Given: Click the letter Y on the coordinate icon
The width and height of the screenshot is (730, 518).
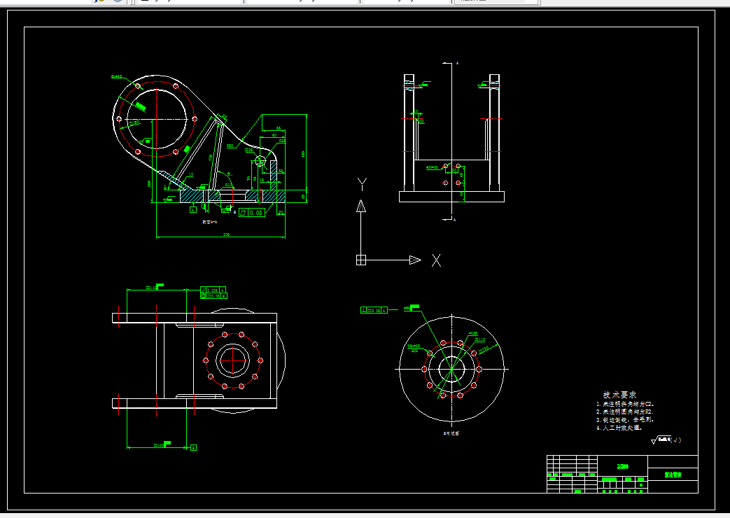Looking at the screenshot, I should (362, 184).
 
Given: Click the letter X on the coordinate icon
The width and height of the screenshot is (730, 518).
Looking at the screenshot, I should (436, 260).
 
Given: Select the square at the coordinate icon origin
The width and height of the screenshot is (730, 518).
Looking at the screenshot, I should (361, 260).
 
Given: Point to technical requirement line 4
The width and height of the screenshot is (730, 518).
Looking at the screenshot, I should (624, 427).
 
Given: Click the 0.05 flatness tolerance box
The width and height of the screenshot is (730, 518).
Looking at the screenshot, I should (253, 212).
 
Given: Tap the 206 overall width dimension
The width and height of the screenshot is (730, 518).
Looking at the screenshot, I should (226, 234).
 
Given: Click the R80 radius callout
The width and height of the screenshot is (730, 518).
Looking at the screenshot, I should (230, 146).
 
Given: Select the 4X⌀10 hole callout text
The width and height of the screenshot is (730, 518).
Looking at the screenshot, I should (432, 168).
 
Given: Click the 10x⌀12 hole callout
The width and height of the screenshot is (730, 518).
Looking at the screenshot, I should (413, 346).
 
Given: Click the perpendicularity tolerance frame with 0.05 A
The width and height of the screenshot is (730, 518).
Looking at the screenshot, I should (374, 309).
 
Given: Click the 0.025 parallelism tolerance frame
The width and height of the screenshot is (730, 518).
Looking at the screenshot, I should (214, 289).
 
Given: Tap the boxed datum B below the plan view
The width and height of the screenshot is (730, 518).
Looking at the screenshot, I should (193, 446).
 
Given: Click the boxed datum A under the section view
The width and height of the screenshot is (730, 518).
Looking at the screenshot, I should (192, 209).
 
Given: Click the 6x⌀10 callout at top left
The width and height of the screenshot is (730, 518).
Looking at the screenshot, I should (116, 76).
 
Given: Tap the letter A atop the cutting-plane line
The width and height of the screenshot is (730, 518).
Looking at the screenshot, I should (457, 64).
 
